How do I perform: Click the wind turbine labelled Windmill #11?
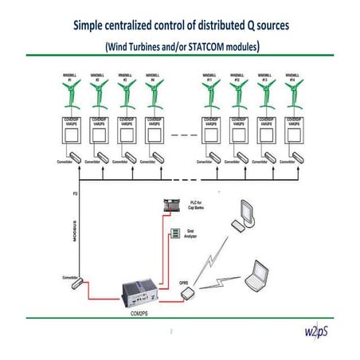[209, 96]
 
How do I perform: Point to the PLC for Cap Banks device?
[172, 206]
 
